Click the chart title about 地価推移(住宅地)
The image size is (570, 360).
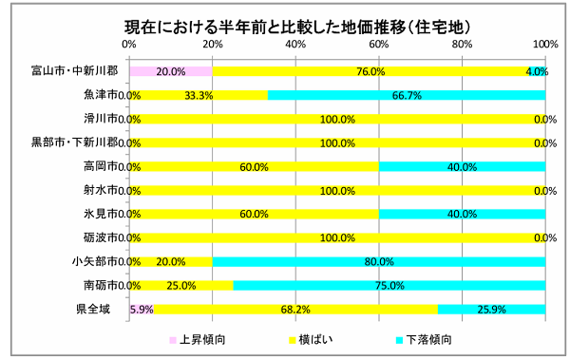click(285, 22)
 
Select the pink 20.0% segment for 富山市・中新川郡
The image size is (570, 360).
click(170, 71)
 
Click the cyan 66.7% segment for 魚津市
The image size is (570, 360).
click(407, 95)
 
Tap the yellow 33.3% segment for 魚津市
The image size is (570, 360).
click(198, 95)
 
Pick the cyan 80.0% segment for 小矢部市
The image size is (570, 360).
click(378, 261)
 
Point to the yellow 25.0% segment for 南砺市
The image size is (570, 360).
click(180, 285)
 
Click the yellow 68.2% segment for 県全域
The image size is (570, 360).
click(294, 309)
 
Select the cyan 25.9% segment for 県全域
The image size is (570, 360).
click(491, 309)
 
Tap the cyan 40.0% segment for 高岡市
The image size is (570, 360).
click(462, 166)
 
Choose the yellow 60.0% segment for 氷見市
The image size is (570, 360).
click(254, 214)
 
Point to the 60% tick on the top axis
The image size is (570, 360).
click(379, 44)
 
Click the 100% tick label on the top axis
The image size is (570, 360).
click(545, 44)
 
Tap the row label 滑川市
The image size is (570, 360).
click(100, 119)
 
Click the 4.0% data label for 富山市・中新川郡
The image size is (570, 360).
click(537, 71)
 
